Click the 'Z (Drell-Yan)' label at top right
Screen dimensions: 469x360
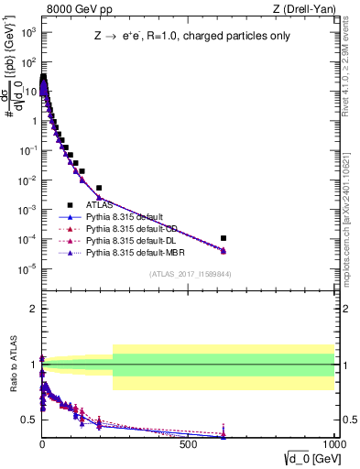308,10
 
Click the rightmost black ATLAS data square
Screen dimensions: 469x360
224,238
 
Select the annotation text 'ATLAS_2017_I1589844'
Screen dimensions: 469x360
189,274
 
